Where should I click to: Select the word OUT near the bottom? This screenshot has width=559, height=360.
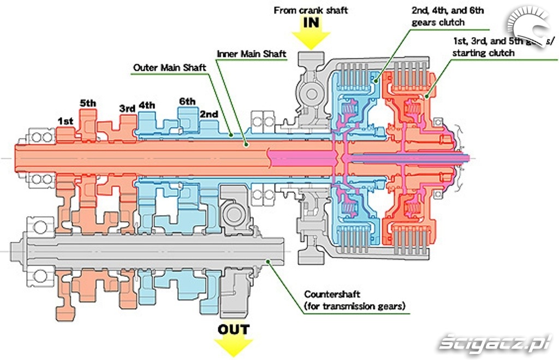pyautogui.click(x=234, y=329)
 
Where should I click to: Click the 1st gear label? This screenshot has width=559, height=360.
pyautogui.click(x=66, y=121)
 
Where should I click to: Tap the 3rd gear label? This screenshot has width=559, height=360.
pyautogui.click(x=127, y=108)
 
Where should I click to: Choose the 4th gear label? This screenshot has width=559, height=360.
pyautogui.click(x=146, y=105)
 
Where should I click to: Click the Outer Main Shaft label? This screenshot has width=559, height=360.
pyautogui.click(x=169, y=68)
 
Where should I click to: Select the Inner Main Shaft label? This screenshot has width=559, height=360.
pyautogui.click(x=252, y=54)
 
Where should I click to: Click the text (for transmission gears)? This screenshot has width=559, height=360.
pyautogui.click(x=355, y=306)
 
